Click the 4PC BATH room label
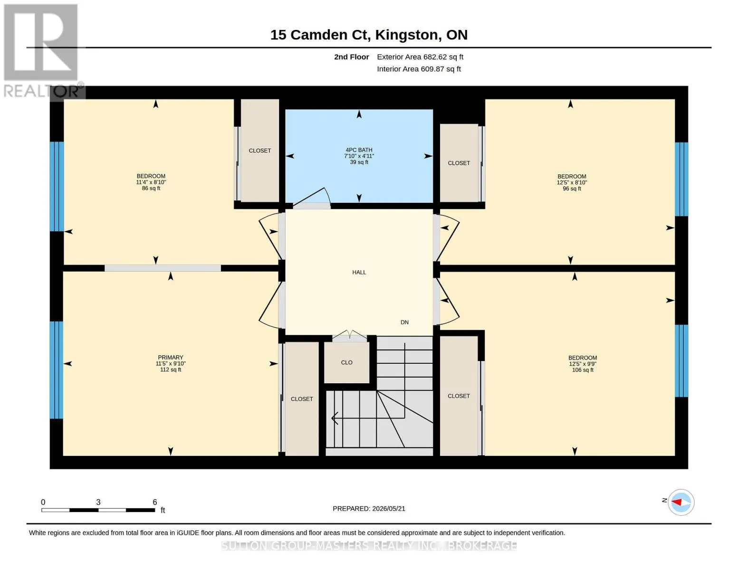[x=359, y=156]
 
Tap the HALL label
[x=359, y=272]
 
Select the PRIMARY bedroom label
[x=171, y=363]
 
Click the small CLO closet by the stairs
[x=347, y=362]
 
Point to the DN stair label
[x=404, y=322]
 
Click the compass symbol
[x=680, y=502]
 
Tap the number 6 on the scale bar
[x=155, y=502]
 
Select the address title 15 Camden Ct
[x=320, y=35]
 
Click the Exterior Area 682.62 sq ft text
[x=420, y=57]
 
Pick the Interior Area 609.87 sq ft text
[x=419, y=69]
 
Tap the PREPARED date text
[x=369, y=509]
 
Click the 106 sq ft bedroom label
[x=583, y=363]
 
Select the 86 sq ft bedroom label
[x=151, y=182]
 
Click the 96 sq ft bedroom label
[x=572, y=182]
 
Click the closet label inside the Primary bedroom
[x=302, y=399]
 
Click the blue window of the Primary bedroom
[x=57, y=370]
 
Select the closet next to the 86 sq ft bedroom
[x=260, y=151]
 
